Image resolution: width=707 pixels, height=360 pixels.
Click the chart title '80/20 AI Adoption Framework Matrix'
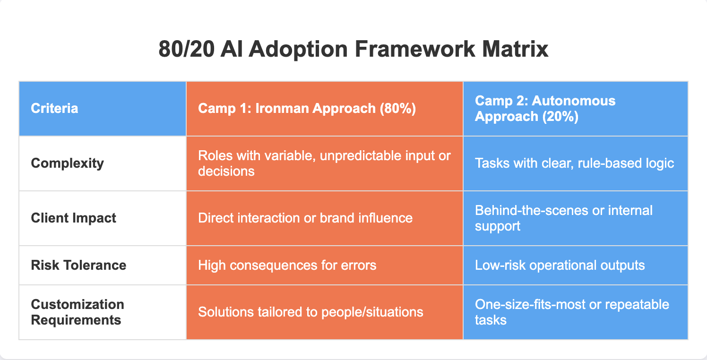(x=353, y=49)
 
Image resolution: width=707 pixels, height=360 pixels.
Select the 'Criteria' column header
(x=54, y=108)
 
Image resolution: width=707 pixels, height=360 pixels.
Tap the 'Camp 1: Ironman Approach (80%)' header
(x=307, y=109)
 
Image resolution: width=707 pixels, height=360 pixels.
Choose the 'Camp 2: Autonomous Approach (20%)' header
(x=545, y=109)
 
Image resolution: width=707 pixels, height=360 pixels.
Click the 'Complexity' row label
(x=67, y=163)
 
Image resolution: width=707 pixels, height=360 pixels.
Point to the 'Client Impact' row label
(x=73, y=218)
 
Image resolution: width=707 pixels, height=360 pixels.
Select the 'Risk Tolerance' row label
(x=78, y=265)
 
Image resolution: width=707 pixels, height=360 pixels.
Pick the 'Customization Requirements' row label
(x=78, y=312)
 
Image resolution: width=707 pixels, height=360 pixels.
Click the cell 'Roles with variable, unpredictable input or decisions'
(x=324, y=163)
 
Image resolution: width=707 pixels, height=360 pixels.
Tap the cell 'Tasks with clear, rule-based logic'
(x=575, y=163)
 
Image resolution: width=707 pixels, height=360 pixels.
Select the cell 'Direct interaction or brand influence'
(x=305, y=218)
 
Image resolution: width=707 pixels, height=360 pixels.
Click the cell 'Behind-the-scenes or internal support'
(x=564, y=218)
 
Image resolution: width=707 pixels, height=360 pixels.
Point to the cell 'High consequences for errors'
(x=287, y=266)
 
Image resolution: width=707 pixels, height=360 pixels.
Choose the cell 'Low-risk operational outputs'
(x=560, y=266)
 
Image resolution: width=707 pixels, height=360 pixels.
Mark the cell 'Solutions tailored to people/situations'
(x=310, y=312)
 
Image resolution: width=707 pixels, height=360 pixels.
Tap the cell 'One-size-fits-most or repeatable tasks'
(x=572, y=312)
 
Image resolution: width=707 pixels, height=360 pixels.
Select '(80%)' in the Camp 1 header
(x=398, y=109)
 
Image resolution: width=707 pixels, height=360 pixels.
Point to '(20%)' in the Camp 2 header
(x=560, y=116)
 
